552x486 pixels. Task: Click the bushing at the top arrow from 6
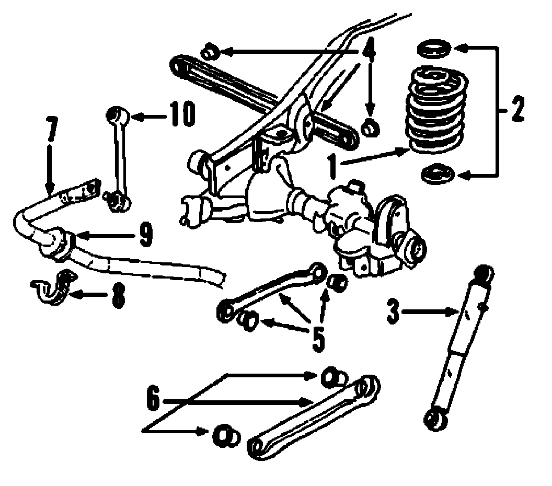(x=333, y=376)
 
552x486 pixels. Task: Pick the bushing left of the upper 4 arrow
(x=210, y=52)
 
